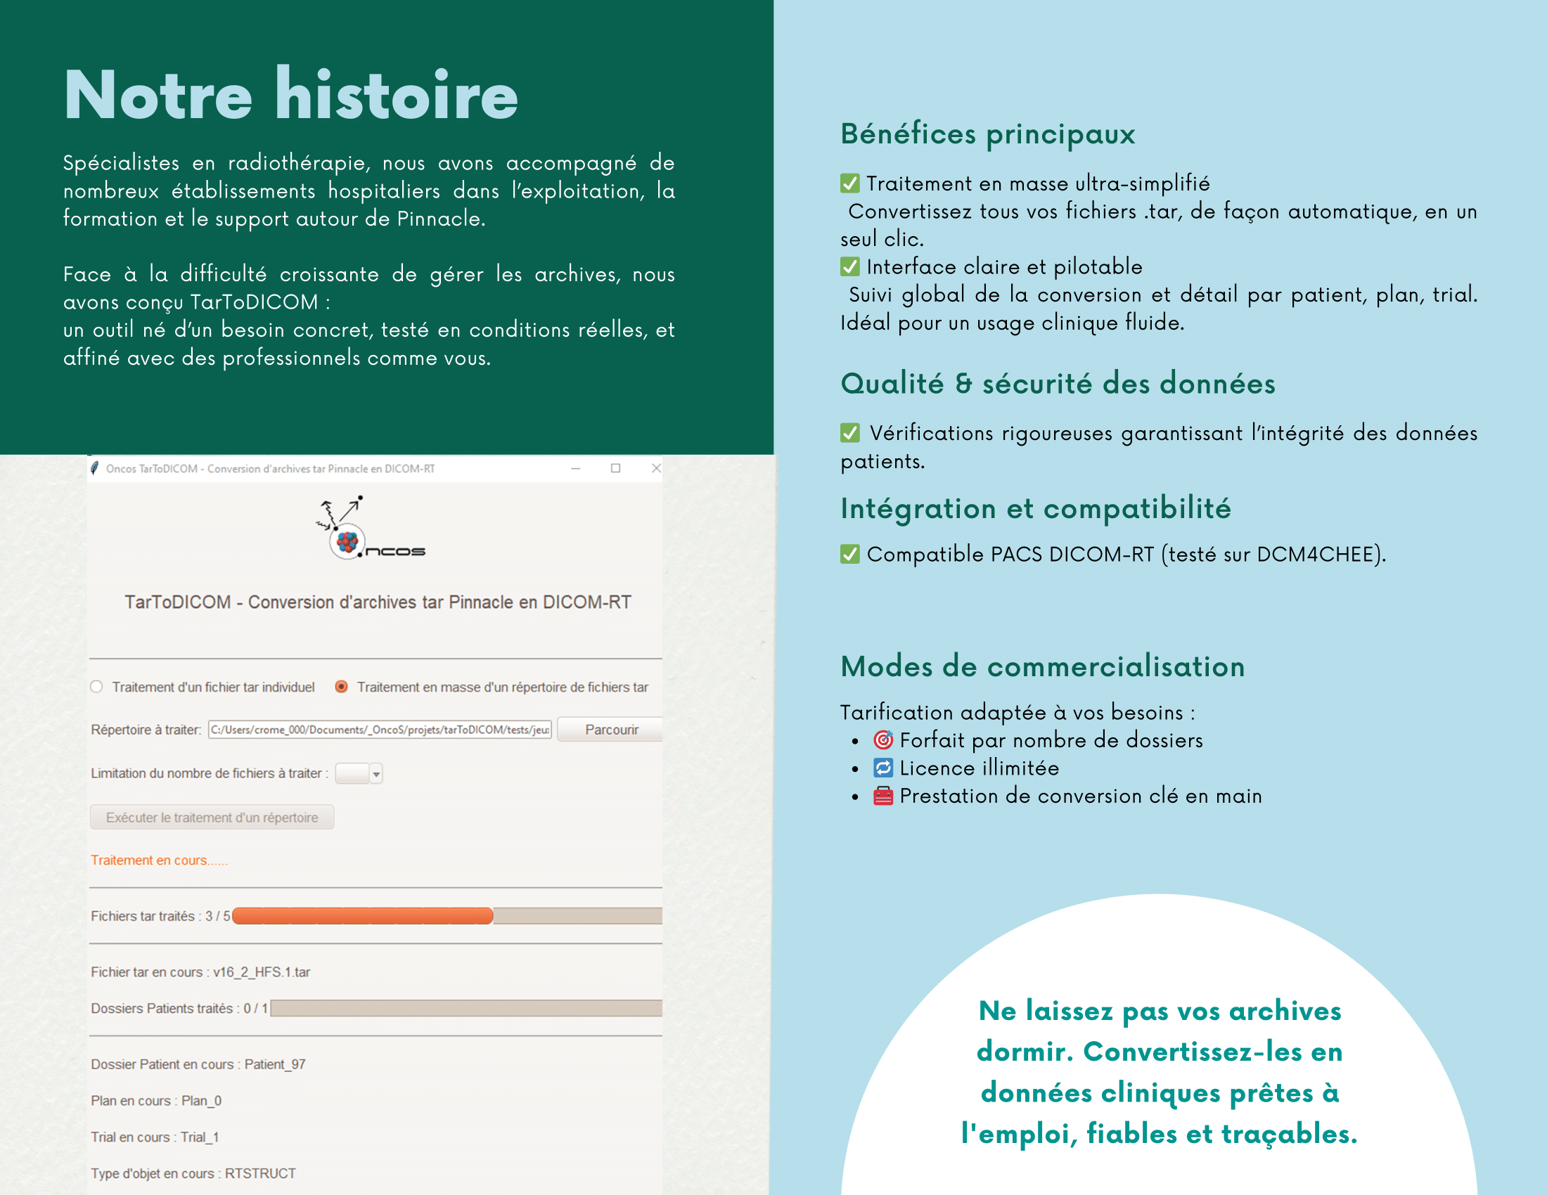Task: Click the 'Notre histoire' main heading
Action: [x=290, y=96]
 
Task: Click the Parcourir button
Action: [x=611, y=729]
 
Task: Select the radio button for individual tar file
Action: [x=97, y=687]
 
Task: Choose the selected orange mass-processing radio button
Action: [x=342, y=687]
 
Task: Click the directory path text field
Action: [x=380, y=729]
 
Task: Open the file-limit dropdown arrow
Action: [x=376, y=774]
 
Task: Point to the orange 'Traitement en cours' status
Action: [x=159, y=860]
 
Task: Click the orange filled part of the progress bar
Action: [x=362, y=916]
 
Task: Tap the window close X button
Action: [x=656, y=468]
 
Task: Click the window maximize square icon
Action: [x=615, y=468]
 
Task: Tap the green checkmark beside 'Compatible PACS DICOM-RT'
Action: [x=850, y=554]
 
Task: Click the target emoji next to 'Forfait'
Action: [x=882, y=739]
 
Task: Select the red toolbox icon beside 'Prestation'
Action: [x=882, y=796]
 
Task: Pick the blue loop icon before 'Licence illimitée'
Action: [x=882, y=768]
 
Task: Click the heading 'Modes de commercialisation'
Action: [x=1042, y=666]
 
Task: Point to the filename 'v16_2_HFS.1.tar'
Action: [x=262, y=972]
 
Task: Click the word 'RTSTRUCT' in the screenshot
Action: [x=260, y=1173]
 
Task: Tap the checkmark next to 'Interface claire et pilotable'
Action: [x=850, y=267]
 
